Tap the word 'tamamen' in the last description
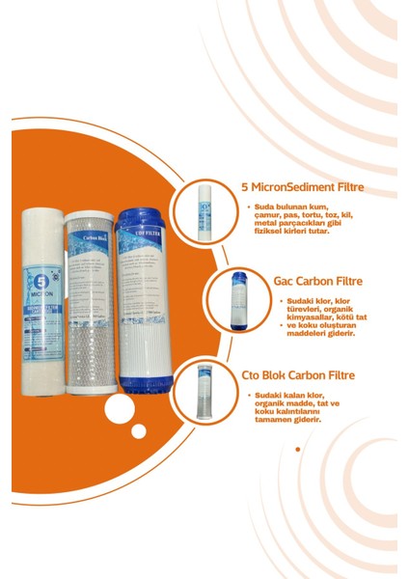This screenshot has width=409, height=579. tap(274, 420)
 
